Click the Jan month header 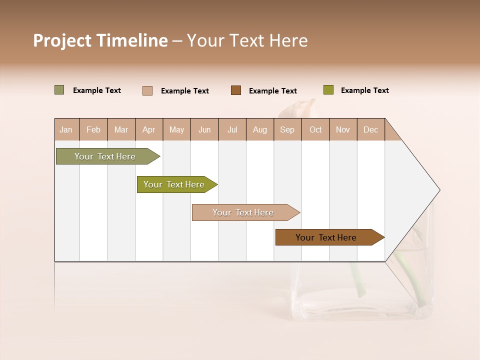click(66, 129)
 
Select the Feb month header click(93, 129)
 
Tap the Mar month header click(121, 129)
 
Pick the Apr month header click(149, 129)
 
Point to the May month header click(176, 129)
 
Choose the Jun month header click(204, 129)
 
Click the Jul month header click(232, 129)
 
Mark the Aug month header click(260, 129)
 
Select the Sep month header click(287, 129)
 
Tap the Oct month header click(315, 129)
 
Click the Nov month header click(343, 129)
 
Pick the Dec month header click(371, 129)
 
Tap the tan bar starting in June click(243, 212)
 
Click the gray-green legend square click(59, 90)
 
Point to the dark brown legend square click(236, 90)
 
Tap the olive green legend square click(328, 90)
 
